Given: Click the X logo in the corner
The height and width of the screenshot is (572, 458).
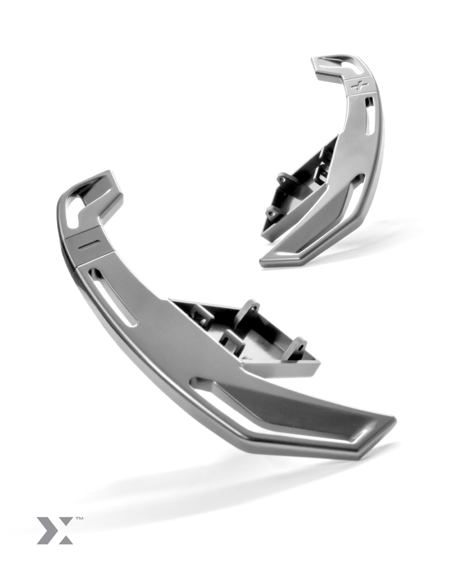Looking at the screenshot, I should coord(55,530).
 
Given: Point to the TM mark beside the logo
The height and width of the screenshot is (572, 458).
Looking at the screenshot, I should coord(79,518).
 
